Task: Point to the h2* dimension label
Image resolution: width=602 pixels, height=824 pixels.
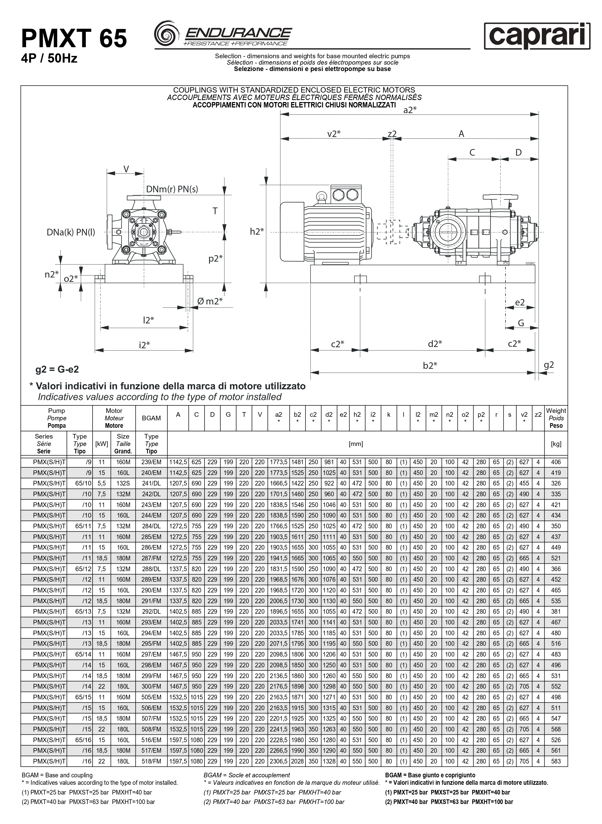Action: (x=257, y=232)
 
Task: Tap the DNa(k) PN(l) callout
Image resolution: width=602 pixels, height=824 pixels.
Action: (x=71, y=232)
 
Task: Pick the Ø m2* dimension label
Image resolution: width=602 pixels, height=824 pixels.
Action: (x=210, y=301)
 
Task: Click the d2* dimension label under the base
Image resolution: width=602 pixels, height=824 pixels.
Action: (x=435, y=344)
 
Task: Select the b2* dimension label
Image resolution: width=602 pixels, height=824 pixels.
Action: (x=430, y=365)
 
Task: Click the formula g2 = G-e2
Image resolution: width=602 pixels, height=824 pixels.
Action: (x=57, y=369)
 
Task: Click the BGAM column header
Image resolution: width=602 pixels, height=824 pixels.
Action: (x=151, y=418)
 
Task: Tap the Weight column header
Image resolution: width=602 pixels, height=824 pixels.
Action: (x=556, y=418)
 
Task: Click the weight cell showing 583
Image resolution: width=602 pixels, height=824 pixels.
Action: (x=556, y=761)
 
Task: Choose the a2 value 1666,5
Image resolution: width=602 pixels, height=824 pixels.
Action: (x=278, y=483)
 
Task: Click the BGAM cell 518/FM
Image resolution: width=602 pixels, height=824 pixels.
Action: (x=151, y=761)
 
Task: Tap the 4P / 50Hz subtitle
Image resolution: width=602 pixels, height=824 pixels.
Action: (x=49, y=58)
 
